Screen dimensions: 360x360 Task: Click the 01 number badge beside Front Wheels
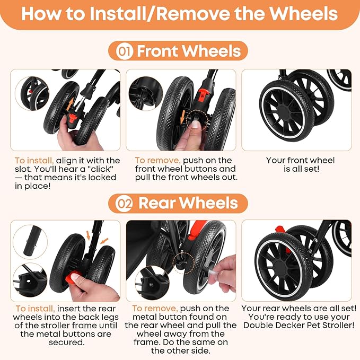click(x=125, y=51)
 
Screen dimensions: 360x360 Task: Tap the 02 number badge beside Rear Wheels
click(x=124, y=204)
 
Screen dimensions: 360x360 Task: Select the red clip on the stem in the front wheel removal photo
click(x=203, y=94)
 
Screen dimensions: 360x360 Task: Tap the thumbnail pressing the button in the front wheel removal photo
click(x=196, y=124)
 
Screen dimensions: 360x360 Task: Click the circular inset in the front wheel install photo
click(x=32, y=93)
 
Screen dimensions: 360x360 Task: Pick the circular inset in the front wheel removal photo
click(x=146, y=93)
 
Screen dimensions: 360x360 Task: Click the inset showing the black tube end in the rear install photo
click(x=30, y=242)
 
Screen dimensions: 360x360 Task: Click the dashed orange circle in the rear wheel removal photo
click(x=183, y=263)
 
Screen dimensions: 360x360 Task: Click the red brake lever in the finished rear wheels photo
click(x=280, y=230)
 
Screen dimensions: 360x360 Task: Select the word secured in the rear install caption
click(x=67, y=343)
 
